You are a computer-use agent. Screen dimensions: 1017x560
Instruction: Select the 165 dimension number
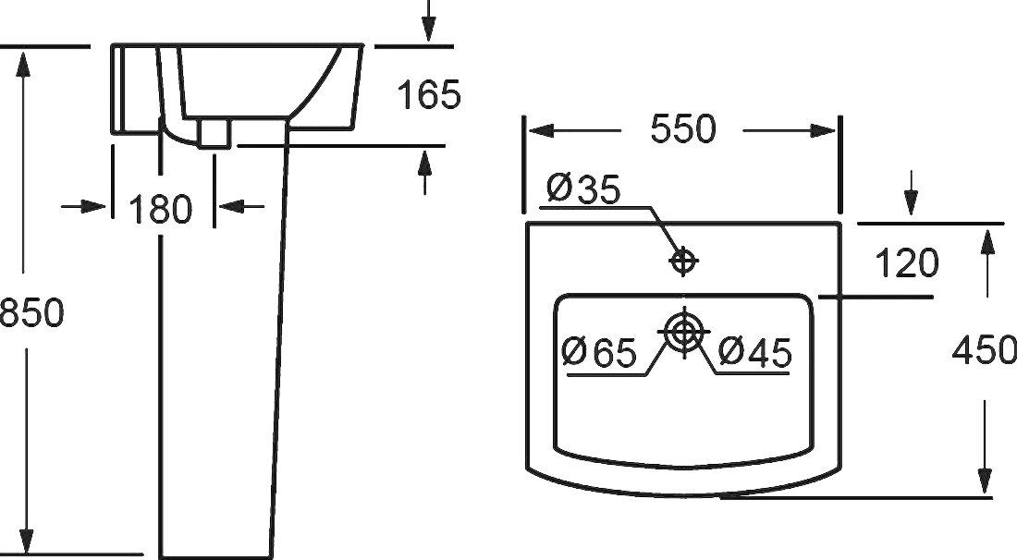pos(429,94)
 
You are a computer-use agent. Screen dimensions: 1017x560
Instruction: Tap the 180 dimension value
pos(160,209)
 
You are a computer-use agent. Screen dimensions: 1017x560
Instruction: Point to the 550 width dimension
pos(683,128)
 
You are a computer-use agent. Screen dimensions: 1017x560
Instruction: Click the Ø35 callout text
pos(583,189)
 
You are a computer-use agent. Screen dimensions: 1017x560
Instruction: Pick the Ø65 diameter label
pos(599,352)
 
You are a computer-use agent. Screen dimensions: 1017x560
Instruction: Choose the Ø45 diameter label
pos(755,352)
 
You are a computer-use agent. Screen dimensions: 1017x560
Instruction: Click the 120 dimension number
pos(907,263)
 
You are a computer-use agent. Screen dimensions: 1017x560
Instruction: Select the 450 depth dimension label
pos(984,350)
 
